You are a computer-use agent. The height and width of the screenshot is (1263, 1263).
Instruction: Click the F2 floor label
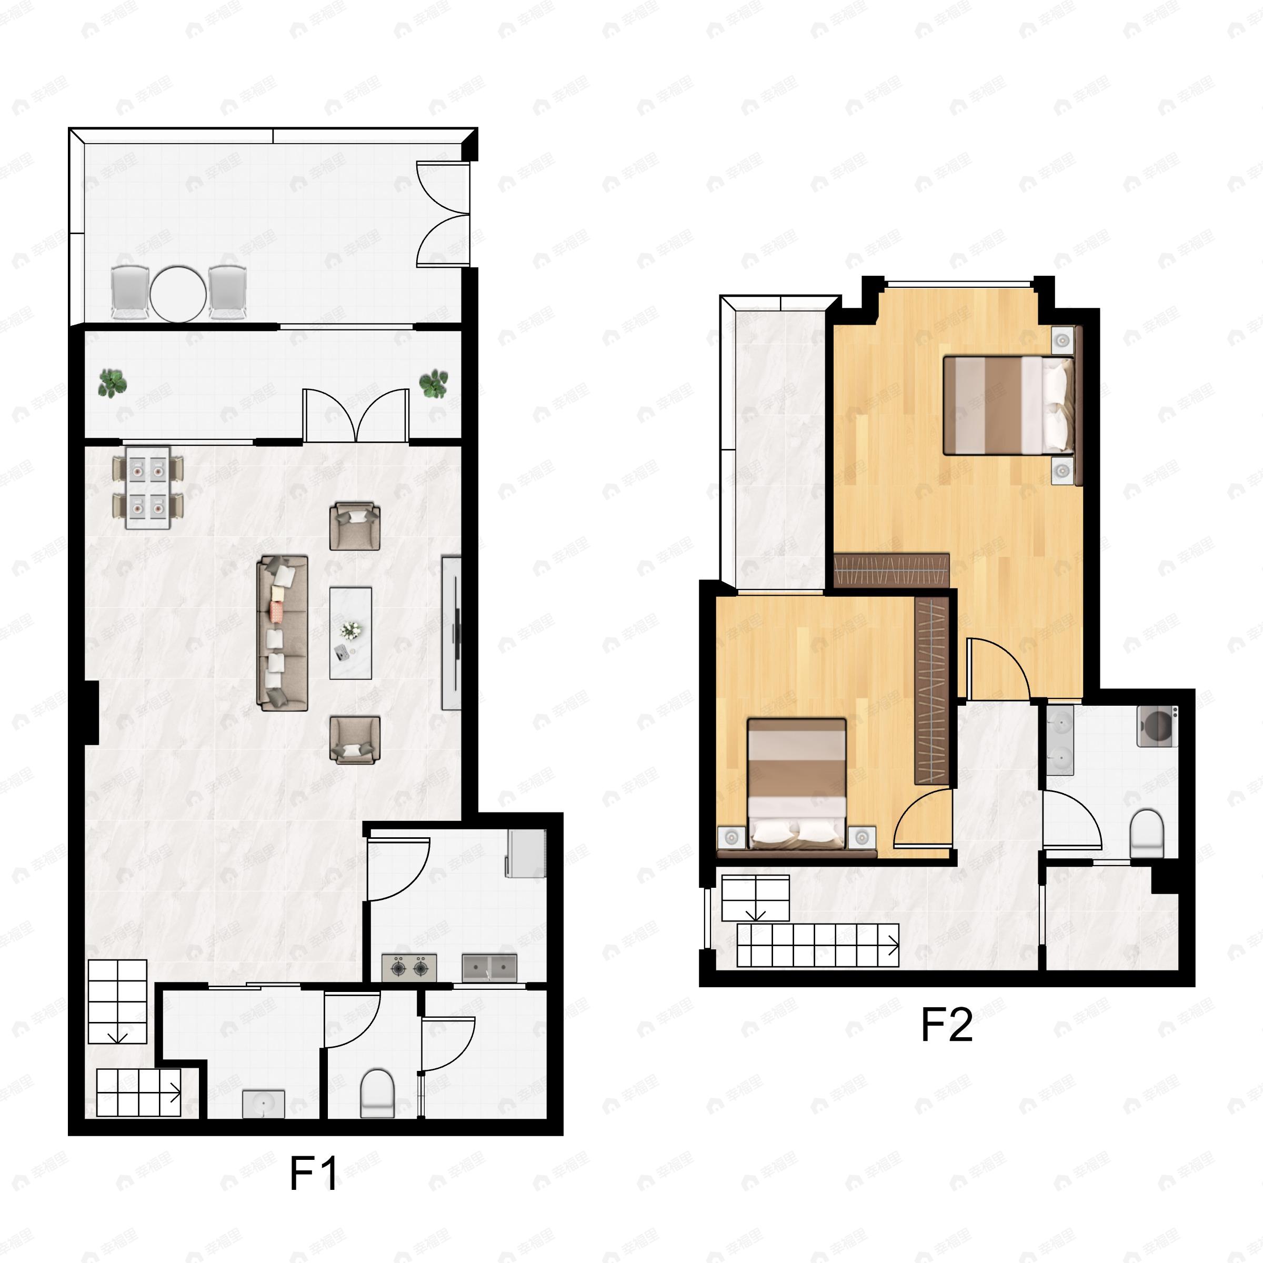(x=946, y=1025)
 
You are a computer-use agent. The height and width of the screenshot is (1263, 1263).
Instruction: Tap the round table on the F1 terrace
(x=178, y=294)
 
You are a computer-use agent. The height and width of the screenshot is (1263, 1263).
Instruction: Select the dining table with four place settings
(x=148, y=488)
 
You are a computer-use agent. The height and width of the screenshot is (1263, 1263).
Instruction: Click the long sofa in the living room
(x=283, y=633)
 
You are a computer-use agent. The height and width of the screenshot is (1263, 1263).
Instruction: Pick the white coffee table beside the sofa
(x=350, y=633)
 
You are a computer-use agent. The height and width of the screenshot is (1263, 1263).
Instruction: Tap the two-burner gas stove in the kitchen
(x=409, y=968)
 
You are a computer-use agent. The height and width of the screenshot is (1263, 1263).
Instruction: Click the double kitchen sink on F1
(x=489, y=968)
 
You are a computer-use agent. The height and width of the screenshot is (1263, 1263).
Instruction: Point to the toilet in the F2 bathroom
(x=1147, y=834)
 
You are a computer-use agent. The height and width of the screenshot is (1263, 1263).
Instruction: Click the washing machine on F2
(x=1157, y=726)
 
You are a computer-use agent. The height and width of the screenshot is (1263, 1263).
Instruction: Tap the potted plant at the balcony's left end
(x=113, y=383)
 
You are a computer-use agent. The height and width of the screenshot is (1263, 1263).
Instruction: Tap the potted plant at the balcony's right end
(x=434, y=384)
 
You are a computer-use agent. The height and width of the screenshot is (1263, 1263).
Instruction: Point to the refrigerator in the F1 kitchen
(x=526, y=853)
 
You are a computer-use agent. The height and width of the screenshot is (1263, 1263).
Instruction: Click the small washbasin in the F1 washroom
(x=264, y=1104)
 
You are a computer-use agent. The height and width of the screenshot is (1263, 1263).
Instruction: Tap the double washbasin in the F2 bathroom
(x=1060, y=740)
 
